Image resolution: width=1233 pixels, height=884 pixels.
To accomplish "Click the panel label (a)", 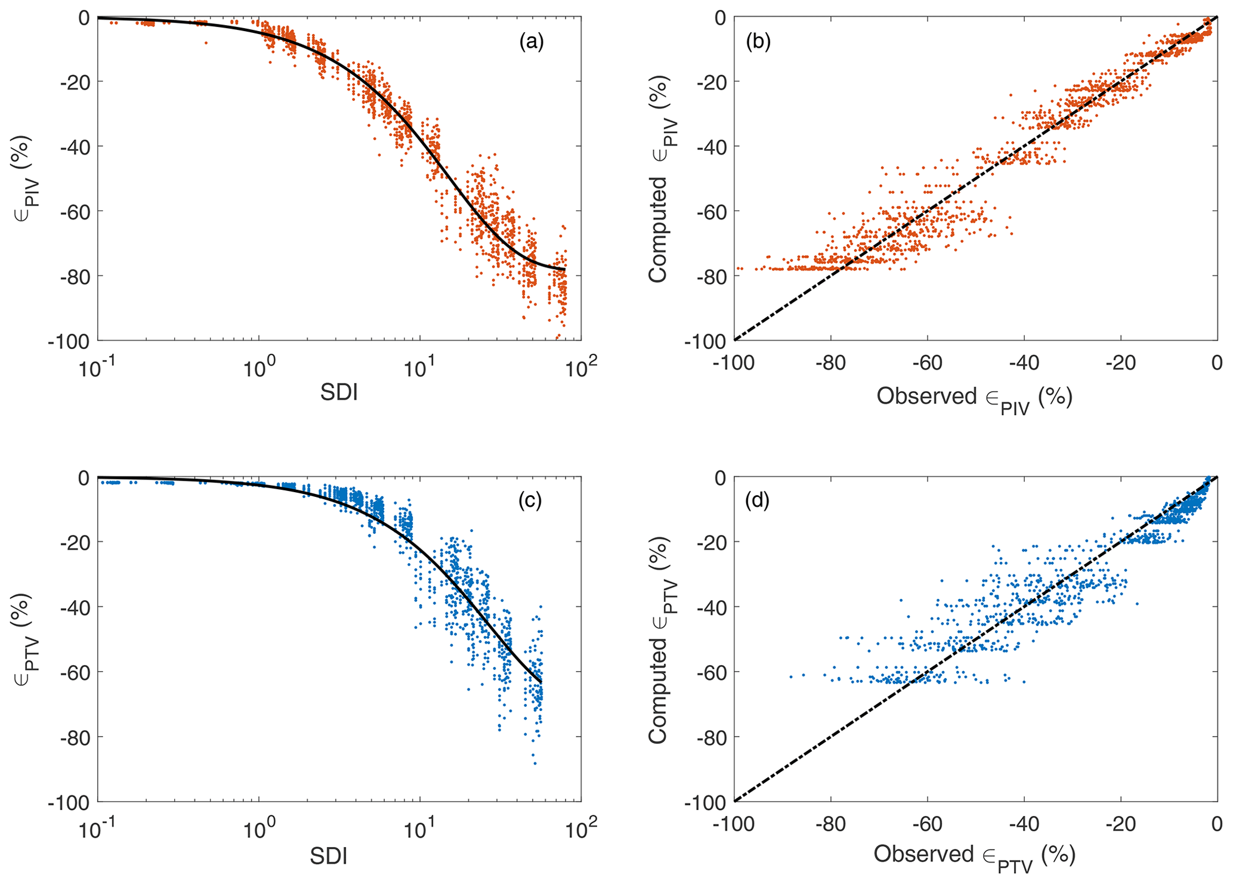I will tap(531, 42).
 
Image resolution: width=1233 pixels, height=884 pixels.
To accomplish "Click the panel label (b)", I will tap(758, 42).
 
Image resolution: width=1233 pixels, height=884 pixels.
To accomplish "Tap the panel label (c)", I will tap(530, 501).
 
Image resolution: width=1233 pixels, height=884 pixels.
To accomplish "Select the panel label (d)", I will tap(758, 501).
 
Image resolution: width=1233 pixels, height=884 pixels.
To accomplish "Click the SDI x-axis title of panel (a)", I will tap(339, 393).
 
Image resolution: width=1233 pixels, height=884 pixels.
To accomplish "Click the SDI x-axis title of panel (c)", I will tap(329, 856).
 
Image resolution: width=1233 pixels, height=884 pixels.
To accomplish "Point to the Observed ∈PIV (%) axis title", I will tap(974, 398).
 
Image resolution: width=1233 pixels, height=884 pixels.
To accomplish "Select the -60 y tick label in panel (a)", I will tap(74, 211).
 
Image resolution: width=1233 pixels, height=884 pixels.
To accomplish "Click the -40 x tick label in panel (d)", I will tap(1024, 824).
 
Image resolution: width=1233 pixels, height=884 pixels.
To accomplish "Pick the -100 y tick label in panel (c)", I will tap(70, 802).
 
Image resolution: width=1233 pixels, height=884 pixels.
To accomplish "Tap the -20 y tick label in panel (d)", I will tap(711, 542).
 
